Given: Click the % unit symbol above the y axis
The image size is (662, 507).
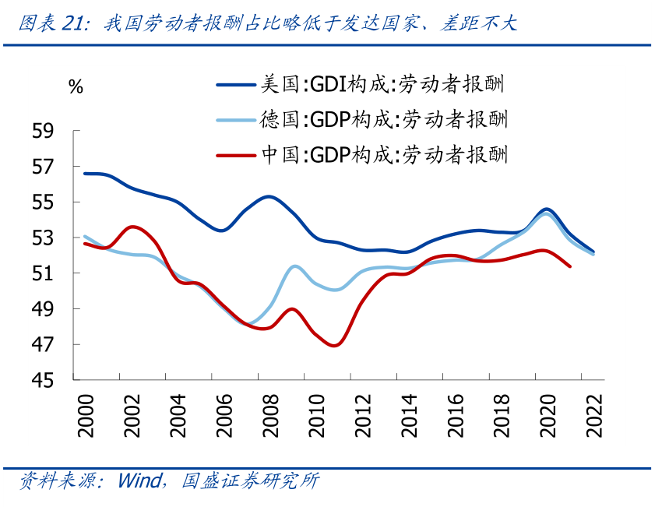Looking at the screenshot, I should point(76,87).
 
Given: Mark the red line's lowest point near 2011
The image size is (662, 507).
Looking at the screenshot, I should point(334,345).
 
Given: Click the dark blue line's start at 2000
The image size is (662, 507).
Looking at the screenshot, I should point(84,173).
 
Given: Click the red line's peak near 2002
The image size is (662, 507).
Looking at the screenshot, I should point(132,227).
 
